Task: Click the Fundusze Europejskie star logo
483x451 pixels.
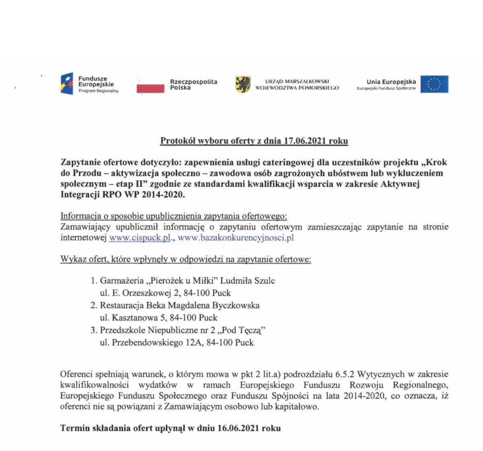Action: click(x=67, y=84)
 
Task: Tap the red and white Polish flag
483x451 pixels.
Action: click(x=151, y=85)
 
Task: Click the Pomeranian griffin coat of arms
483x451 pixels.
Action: click(x=243, y=84)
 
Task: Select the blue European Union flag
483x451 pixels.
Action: click(x=434, y=84)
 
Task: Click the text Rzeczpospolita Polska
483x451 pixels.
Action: click(x=194, y=85)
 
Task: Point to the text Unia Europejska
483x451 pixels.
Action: click(x=391, y=82)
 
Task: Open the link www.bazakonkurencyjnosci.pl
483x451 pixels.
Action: click(x=236, y=238)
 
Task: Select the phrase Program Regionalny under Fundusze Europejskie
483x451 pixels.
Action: click(x=99, y=91)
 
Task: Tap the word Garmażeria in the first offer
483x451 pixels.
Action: click(x=122, y=281)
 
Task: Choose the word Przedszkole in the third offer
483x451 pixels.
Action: click(x=122, y=331)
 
